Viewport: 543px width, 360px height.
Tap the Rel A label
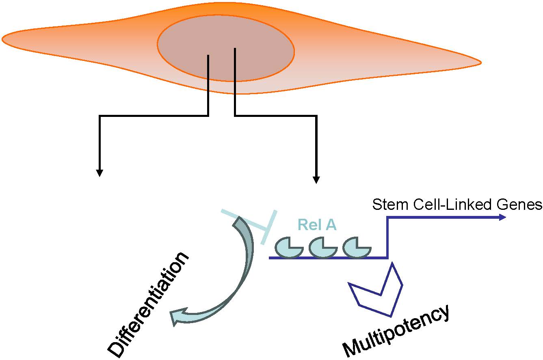tap(317, 225)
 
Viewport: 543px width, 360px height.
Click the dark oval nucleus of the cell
tap(226, 48)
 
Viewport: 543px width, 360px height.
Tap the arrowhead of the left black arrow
tap(99, 173)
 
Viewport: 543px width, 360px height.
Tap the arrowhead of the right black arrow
tap(316, 180)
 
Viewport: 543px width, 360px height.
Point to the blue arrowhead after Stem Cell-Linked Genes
tap(502, 217)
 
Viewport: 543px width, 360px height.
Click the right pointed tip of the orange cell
tap(480, 63)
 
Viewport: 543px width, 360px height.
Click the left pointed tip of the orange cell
tap(3, 39)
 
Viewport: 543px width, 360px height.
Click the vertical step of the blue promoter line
tap(387, 237)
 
